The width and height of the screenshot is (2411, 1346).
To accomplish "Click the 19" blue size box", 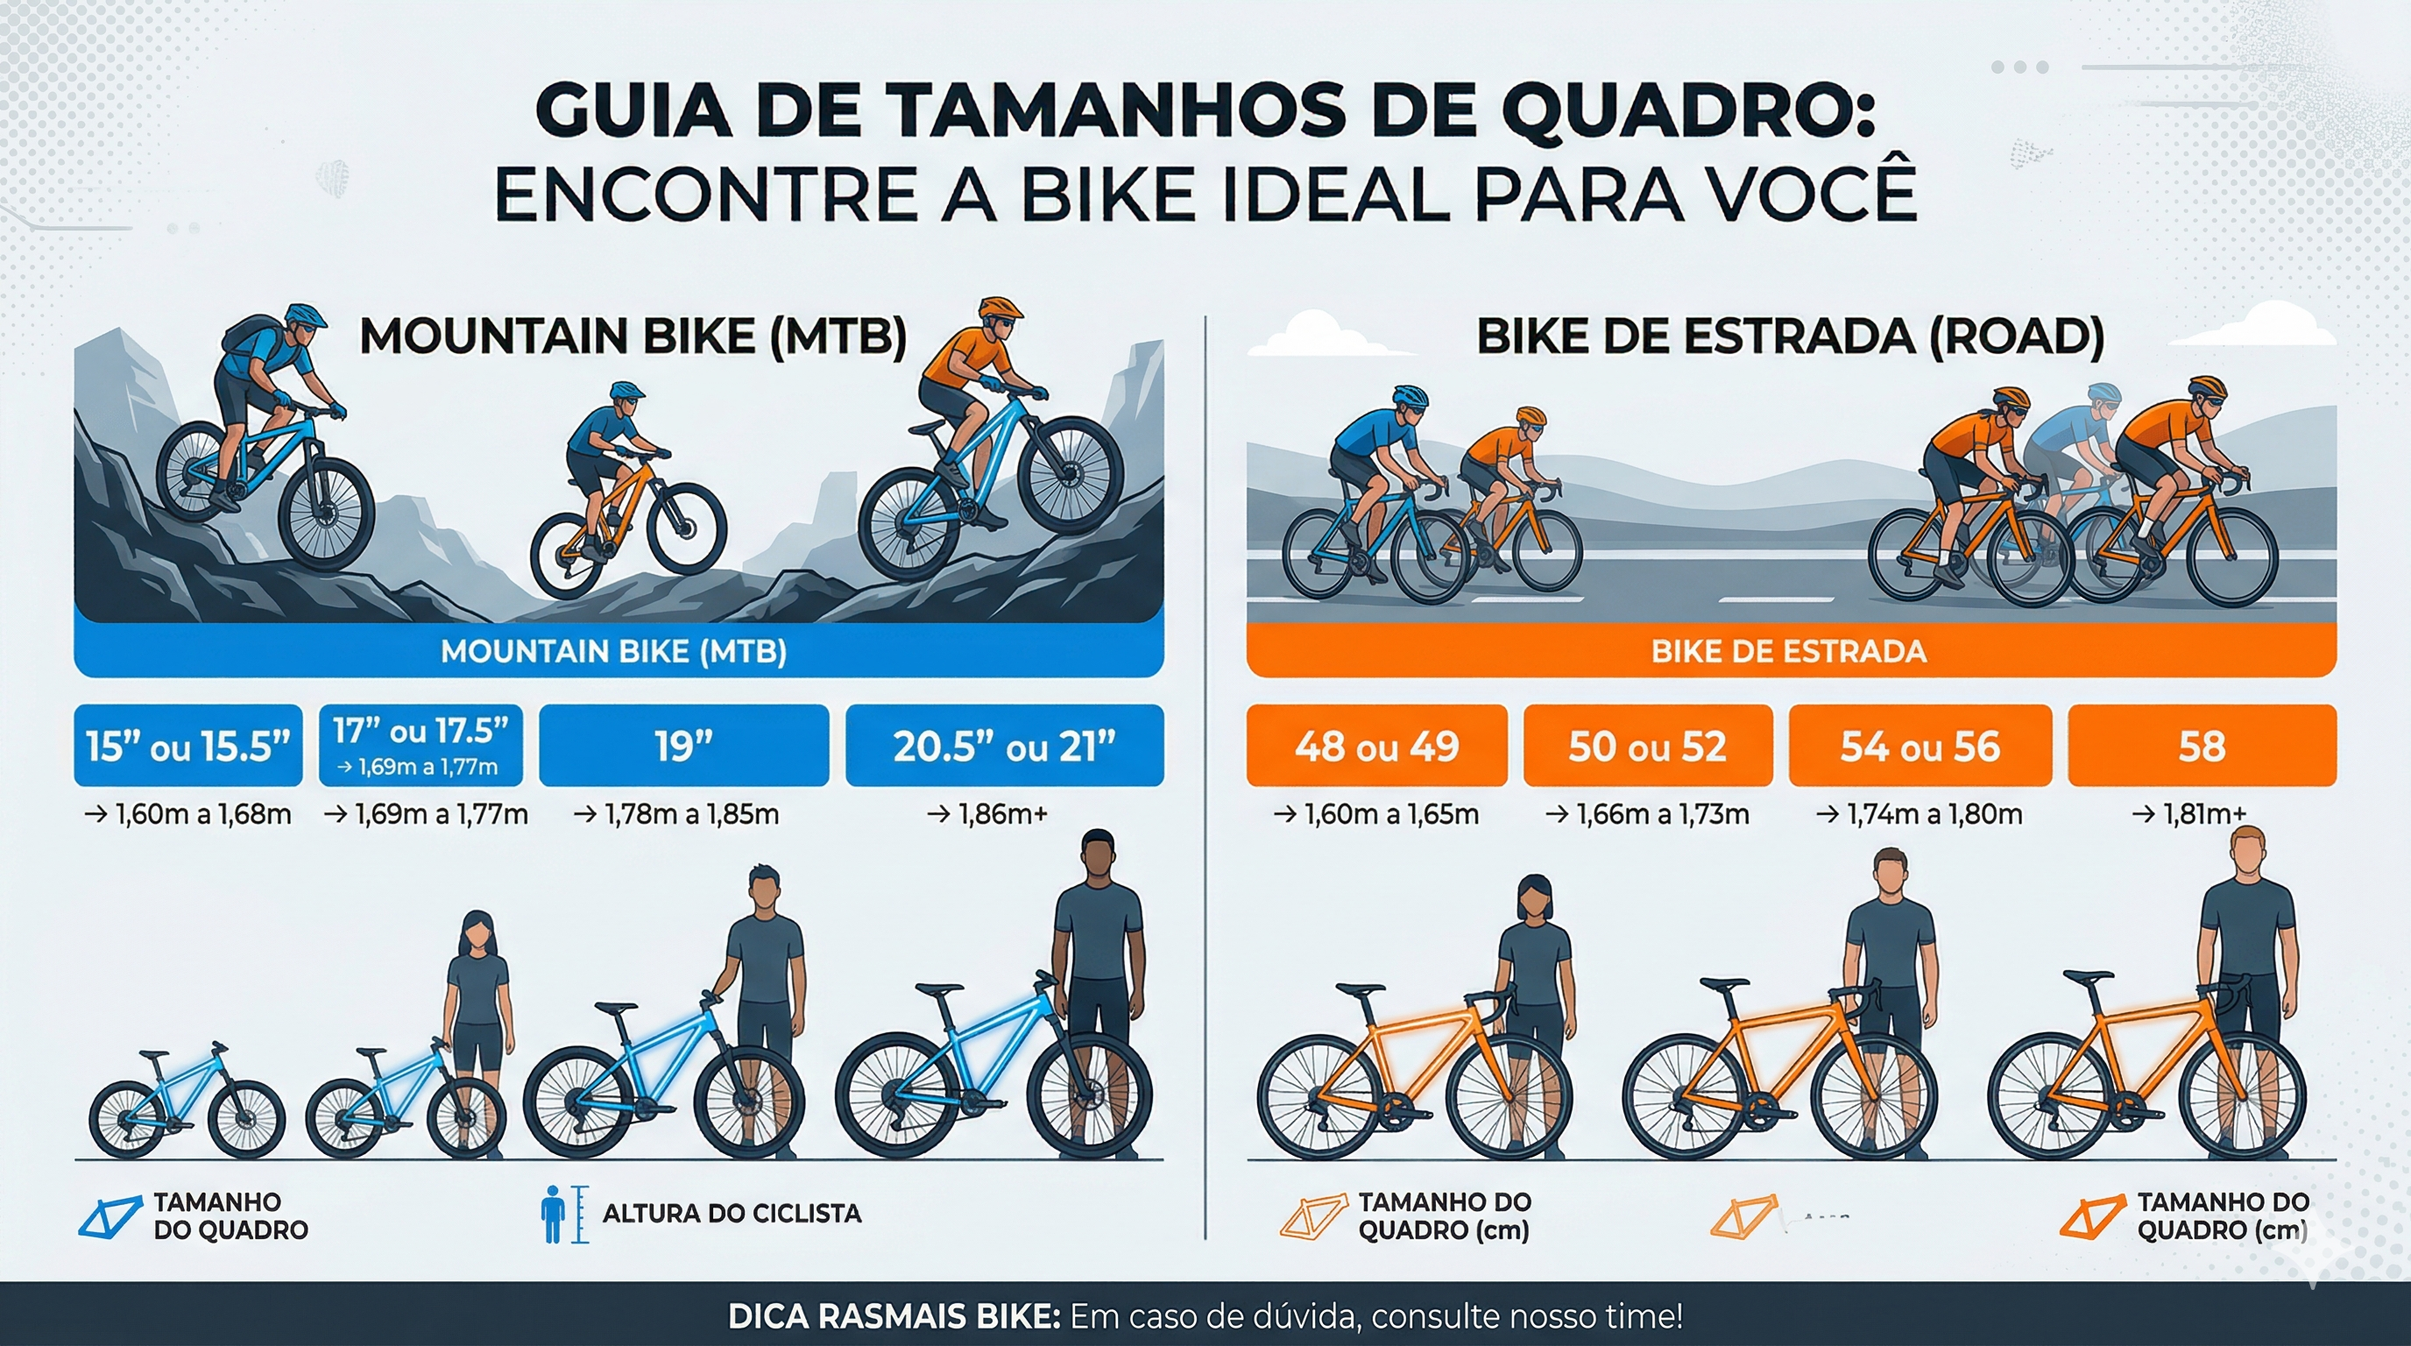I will tap(683, 746).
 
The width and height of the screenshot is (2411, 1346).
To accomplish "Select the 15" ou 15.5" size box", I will tap(188, 746).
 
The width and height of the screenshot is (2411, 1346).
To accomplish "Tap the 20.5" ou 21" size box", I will tap(1004, 746).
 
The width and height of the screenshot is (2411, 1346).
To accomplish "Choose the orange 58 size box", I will tap(2202, 746).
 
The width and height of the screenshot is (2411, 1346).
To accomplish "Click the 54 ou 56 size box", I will tap(1920, 746).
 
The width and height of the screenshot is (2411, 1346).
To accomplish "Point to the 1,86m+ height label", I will tap(987, 814).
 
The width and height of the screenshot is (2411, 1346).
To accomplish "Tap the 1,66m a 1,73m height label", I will tap(1648, 814).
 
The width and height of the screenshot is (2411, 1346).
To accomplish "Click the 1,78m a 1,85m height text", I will tap(676, 814).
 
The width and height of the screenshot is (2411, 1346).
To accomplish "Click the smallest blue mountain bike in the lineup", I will tap(187, 1104).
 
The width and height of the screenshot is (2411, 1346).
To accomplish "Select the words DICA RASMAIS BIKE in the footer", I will tap(894, 1317).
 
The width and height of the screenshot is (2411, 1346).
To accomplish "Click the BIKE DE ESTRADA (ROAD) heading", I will tap(1790, 337).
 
